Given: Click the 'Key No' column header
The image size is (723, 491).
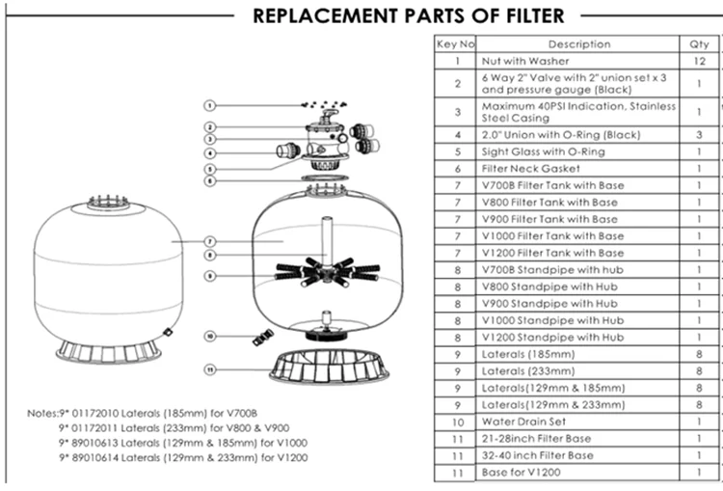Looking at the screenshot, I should point(456,43).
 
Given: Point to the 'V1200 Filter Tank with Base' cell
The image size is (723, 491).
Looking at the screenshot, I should point(552,253).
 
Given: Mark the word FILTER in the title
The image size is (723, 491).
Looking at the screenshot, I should point(528,15).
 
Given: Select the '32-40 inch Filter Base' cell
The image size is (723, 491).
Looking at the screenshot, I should point(537,455).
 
